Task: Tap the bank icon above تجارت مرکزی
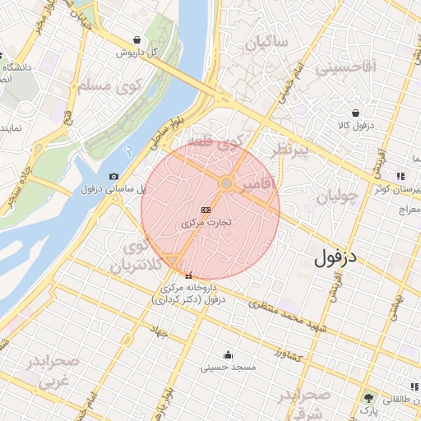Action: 205,210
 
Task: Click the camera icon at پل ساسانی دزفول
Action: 113,177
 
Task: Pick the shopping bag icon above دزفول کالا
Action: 355,113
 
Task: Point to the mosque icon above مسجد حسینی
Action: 227,354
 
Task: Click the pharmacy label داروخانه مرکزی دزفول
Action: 190,293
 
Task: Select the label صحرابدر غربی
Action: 49,372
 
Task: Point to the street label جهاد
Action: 158,331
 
